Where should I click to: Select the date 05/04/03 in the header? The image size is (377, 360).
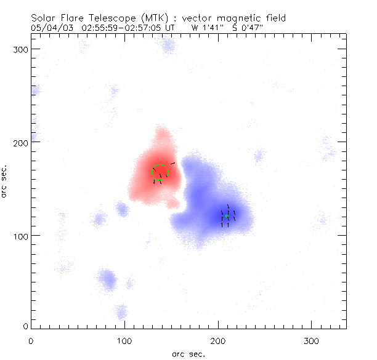click(x=49, y=27)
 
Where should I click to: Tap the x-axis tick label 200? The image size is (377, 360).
click(x=218, y=340)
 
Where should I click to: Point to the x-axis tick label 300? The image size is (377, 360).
click(x=312, y=340)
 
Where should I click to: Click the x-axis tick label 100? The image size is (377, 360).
click(x=124, y=340)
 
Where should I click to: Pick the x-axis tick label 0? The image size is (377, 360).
click(x=31, y=340)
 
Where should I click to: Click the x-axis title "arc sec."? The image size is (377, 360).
click(x=188, y=353)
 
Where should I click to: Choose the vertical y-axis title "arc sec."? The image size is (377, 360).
click(x=5, y=182)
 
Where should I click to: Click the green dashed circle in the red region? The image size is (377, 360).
click(x=160, y=172)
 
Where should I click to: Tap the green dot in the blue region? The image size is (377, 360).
click(x=227, y=217)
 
